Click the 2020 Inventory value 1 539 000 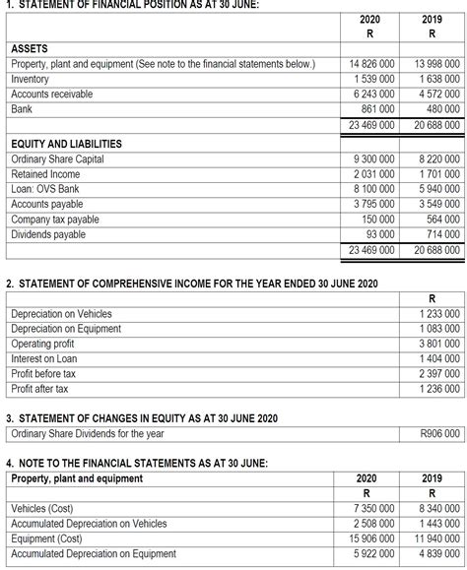[x=372, y=79]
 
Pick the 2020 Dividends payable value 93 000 [x=377, y=234]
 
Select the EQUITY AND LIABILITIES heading [x=66, y=144]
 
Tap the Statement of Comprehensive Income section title [x=191, y=285]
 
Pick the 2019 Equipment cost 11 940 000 [x=432, y=538]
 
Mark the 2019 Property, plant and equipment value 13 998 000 [x=432, y=64]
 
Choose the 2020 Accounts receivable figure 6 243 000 [x=372, y=95]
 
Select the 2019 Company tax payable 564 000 [x=437, y=220]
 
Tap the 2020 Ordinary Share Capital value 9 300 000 [x=372, y=158]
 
